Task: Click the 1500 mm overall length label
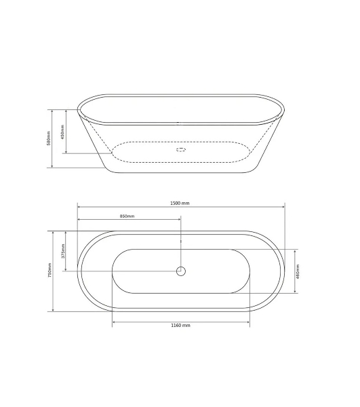click(180, 203)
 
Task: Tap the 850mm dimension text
click(127, 216)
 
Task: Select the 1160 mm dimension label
click(180, 325)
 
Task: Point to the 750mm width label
click(49, 270)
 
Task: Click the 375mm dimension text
click(63, 251)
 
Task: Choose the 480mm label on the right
click(298, 271)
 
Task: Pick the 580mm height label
click(49, 138)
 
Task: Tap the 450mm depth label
click(62, 132)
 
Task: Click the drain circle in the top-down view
click(181, 271)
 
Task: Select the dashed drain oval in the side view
click(181, 149)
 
